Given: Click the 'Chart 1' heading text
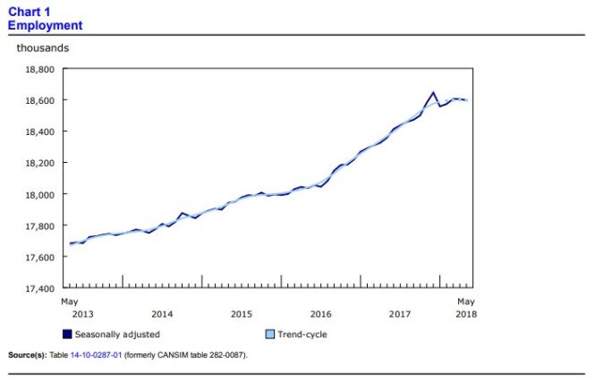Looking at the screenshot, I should coord(28,13).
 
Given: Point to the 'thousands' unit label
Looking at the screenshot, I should coord(43,47).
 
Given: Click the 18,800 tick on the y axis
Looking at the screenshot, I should coord(38,69).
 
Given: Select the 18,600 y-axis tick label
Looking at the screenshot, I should coord(38,100).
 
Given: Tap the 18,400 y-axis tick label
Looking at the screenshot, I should coord(38,132).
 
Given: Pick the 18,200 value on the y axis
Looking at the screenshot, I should coord(38,163).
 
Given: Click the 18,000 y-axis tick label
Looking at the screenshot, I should coord(38,194).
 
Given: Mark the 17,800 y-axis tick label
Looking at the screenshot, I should coord(38,226).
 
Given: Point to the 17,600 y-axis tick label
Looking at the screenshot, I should coord(38,257).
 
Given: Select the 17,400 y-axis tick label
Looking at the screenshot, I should coord(38,288).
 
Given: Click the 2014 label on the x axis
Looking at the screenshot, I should coord(162,314).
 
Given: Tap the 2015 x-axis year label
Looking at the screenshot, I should coord(242,314).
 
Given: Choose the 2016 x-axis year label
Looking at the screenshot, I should coord(321,314).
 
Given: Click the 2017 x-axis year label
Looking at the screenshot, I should coord(401,314).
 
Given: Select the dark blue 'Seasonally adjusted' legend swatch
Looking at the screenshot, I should coord(67,335).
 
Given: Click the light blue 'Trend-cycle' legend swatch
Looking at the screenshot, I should coord(271,335).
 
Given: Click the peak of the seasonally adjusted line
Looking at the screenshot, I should coord(433,92).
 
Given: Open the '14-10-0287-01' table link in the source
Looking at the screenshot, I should coord(99,355).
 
